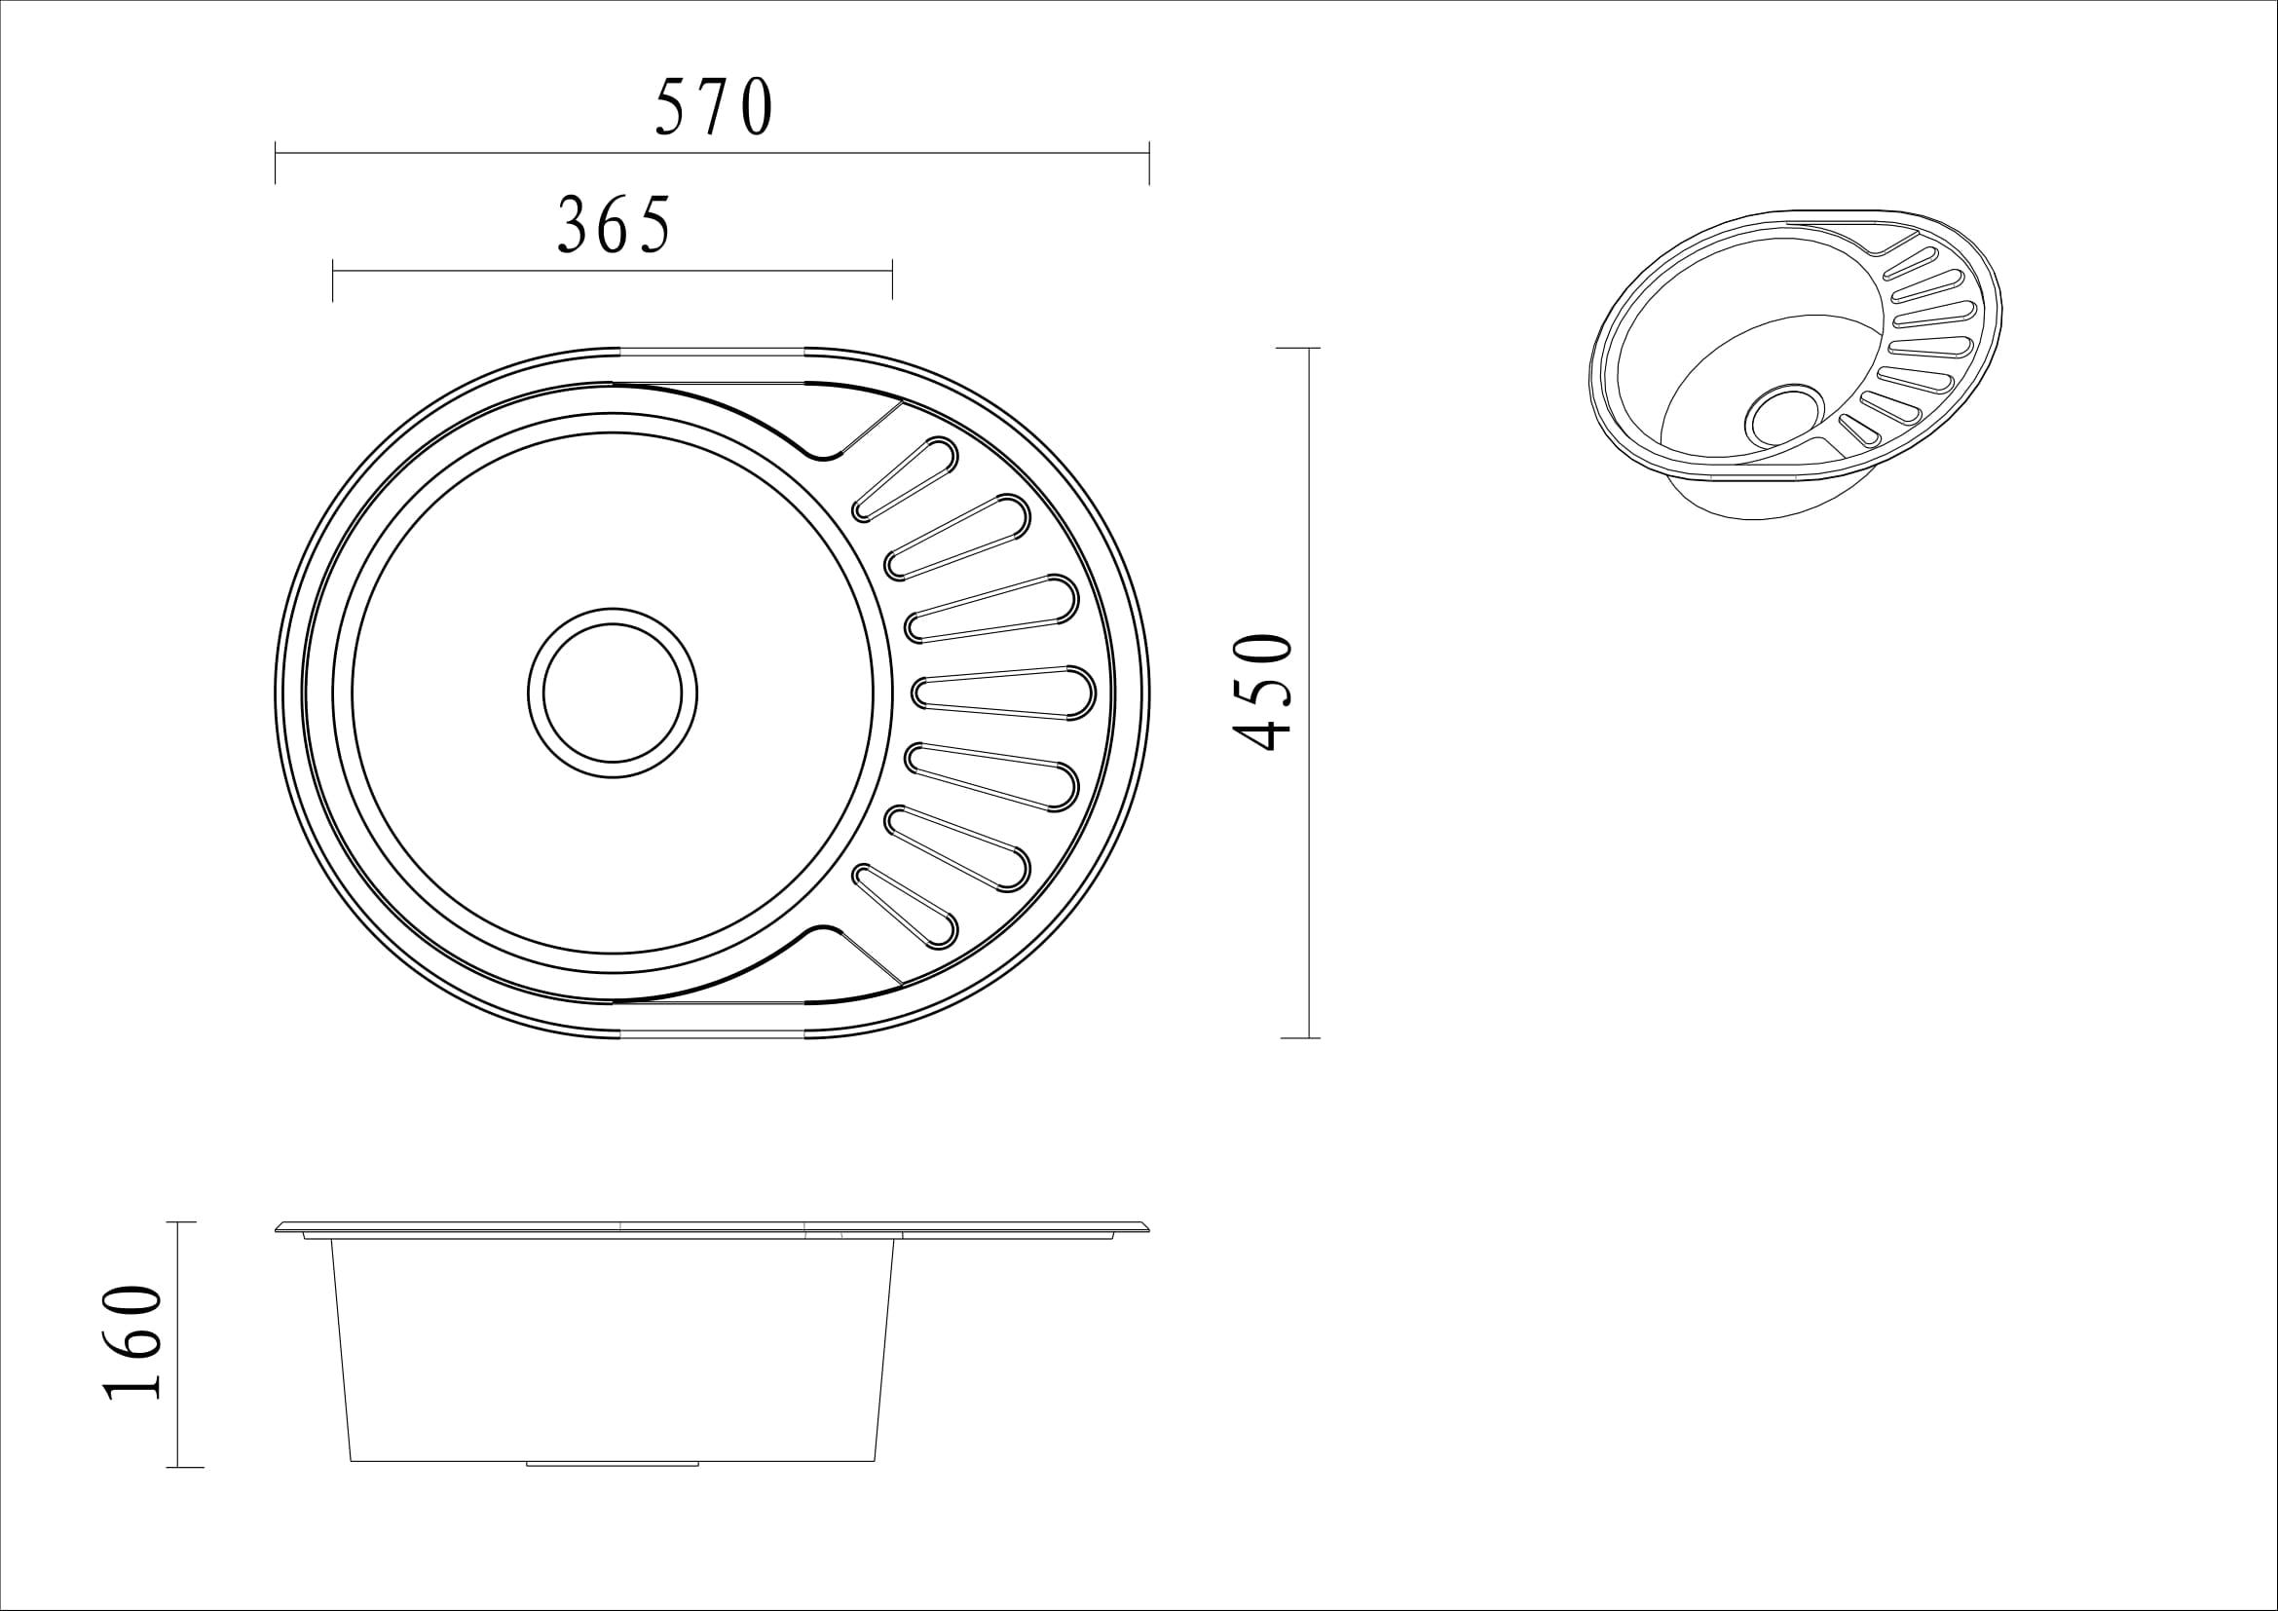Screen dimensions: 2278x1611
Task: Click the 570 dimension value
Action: pos(713,106)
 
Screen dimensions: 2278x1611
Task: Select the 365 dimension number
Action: pos(615,223)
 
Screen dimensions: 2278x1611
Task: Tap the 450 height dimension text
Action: pos(1262,693)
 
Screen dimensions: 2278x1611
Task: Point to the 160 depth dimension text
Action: pos(131,1343)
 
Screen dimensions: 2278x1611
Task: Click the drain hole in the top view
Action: pos(613,693)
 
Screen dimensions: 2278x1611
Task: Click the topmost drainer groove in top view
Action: pos(906,478)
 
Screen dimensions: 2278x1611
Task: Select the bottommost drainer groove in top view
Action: pos(906,905)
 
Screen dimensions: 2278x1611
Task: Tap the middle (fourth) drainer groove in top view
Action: pos(1002,693)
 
